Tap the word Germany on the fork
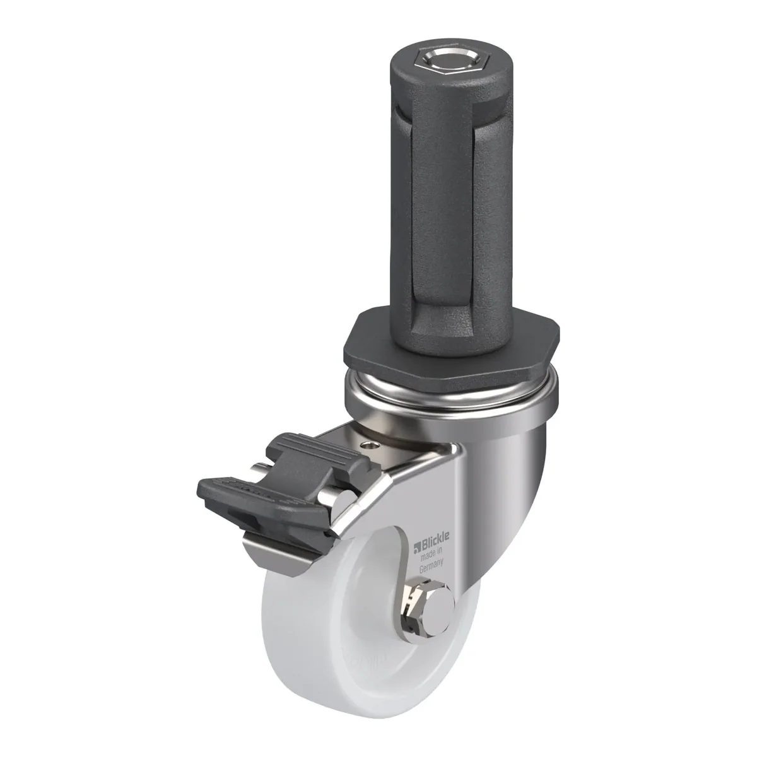click(431, 565)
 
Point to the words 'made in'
click(431, 553)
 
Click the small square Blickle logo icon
click(417, 546)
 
